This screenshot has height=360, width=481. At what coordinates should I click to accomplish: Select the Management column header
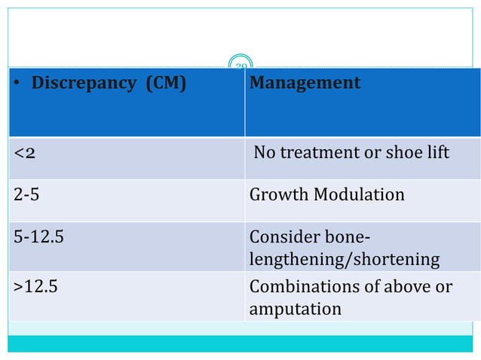click(x=305, y=83)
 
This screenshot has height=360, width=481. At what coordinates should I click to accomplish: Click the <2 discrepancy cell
click(x=23, y=154)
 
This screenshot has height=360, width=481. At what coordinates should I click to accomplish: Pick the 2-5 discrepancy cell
click(x=26, y=195)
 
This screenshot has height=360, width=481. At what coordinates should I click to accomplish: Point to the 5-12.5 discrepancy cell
click(x=38, y=236)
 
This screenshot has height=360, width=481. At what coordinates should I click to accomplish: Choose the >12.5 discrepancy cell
click(x=38, y=287)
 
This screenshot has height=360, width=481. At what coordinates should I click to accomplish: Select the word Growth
click(x=278, y=195)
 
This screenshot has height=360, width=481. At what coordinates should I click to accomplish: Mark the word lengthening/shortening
click(x=344, y=260)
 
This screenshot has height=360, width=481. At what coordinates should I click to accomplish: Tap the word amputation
click(x=295, y=309)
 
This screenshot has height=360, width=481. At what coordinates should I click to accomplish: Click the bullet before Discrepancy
click(x=17, y=84)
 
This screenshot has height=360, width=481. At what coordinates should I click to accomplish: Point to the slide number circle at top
click(x=240, y=65)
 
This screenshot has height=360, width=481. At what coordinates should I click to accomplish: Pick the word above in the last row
click(x=411, y=287)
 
